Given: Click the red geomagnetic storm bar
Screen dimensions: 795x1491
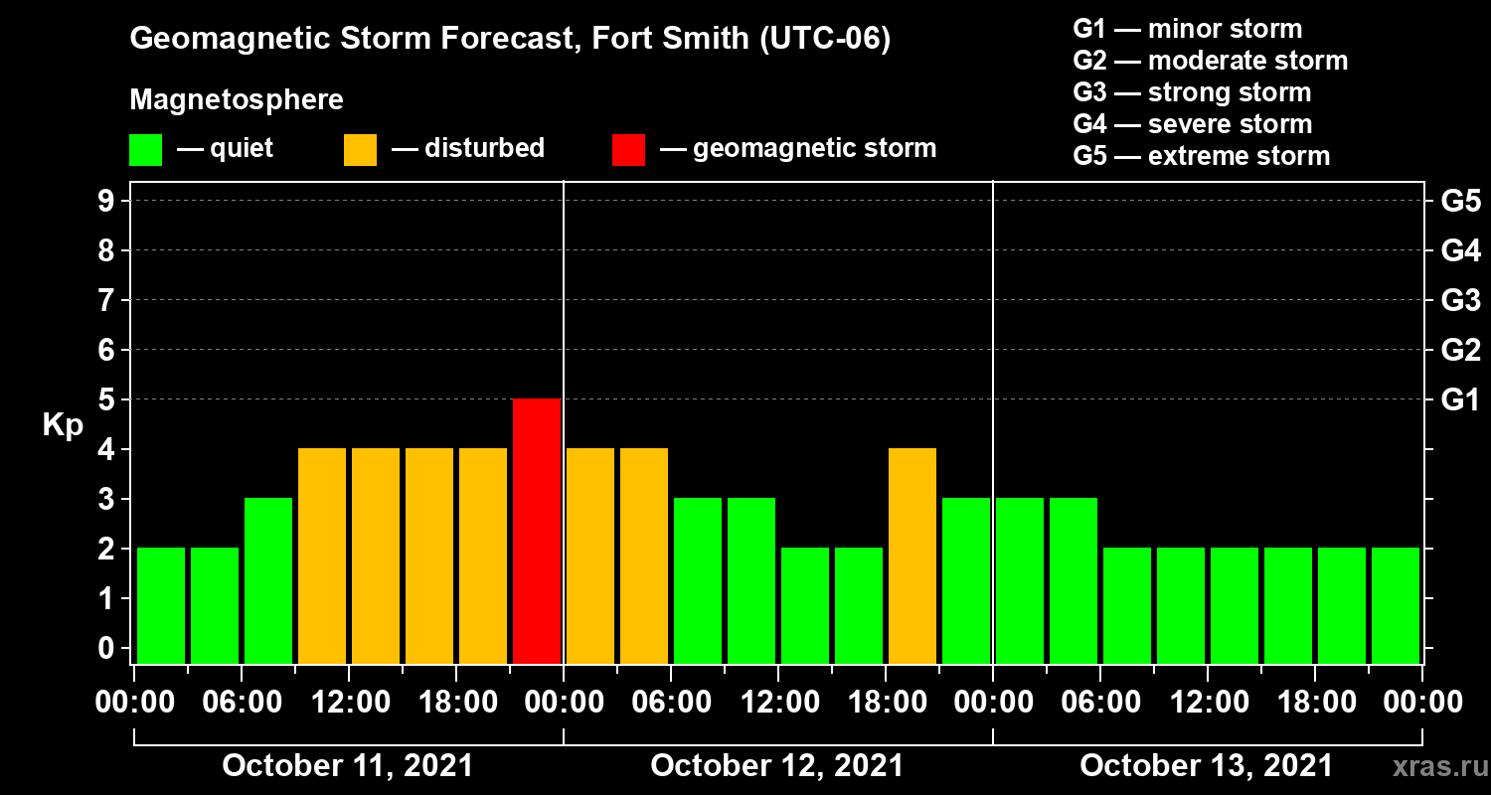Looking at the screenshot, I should (x=537, y=531).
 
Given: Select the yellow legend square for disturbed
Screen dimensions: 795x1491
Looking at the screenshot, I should (x=360, y=149).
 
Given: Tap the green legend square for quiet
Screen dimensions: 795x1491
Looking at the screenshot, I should (x=145, y=149).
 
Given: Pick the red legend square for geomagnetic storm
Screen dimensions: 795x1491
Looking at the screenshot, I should (x=628, y=149).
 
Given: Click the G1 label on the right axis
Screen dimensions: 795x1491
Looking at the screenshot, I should (x=1460, y=400).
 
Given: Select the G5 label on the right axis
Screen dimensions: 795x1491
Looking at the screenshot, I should (x=1460, y=202).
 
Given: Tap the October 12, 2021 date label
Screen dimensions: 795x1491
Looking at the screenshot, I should (x=777, y=766).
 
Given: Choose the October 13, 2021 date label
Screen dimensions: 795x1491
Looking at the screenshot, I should (x=1206, y=766).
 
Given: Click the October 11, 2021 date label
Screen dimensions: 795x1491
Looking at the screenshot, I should (x=348, y=766).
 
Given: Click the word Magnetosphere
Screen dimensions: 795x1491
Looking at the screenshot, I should (x=237, y=100).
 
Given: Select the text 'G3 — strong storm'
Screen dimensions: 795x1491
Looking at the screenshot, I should (x=1192, y=92).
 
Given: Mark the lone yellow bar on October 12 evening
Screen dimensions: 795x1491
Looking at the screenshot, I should (x=912, y=556).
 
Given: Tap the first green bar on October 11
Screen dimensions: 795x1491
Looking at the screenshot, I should (x=161, y=605).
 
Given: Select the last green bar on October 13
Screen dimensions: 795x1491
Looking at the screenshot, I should (x=1396, y=605).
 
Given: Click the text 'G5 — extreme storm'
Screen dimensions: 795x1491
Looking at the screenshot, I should (x=1201, y=156).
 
